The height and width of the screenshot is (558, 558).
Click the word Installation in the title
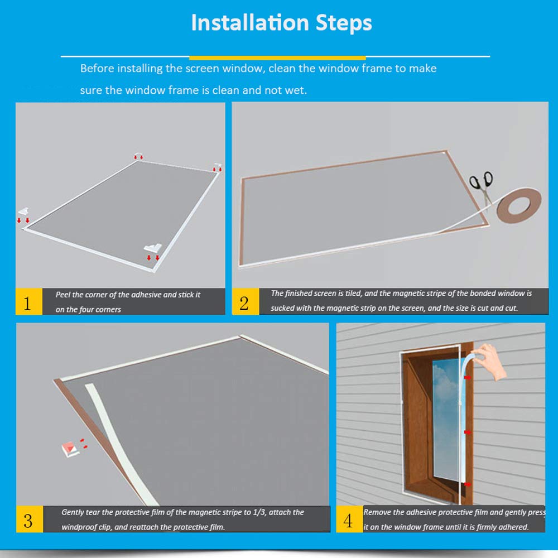(250, 23)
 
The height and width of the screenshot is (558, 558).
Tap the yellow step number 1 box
(29, 302)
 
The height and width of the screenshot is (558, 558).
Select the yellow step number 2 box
(245, 302)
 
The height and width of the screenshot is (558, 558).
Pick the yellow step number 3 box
(30, 519)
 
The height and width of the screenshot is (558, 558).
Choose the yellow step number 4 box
(349, 519)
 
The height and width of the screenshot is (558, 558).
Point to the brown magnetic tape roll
(519, 206)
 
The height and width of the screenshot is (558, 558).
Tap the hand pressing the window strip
(490, 361)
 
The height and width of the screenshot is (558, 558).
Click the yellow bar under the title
(277, 57)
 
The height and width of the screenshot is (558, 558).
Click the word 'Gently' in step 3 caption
(73, 512)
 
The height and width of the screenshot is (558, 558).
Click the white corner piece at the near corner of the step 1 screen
(153, 248)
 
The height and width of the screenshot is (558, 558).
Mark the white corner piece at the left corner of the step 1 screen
(23, 211)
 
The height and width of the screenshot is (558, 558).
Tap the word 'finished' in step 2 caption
(297, 294)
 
